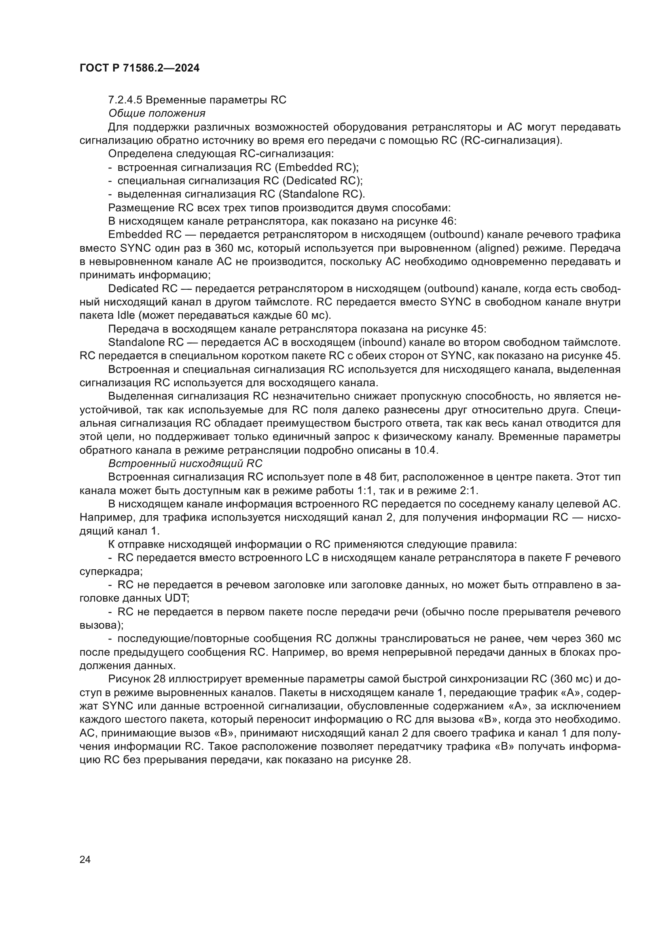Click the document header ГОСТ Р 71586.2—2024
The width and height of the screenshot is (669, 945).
pyautogui.click(x=139, y=68)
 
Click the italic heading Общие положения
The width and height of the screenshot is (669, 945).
pyautogui.click(x=157, y=113)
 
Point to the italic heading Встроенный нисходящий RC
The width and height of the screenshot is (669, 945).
pyautogui.click(x=185, y=463)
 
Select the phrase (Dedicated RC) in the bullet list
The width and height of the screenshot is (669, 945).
pyautogui.click(x=324, y=181)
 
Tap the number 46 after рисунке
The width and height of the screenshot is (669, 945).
pyautogui.click(x=447, y=221)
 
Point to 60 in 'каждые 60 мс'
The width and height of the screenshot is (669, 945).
pyautogui.click(x=302, y=316)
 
